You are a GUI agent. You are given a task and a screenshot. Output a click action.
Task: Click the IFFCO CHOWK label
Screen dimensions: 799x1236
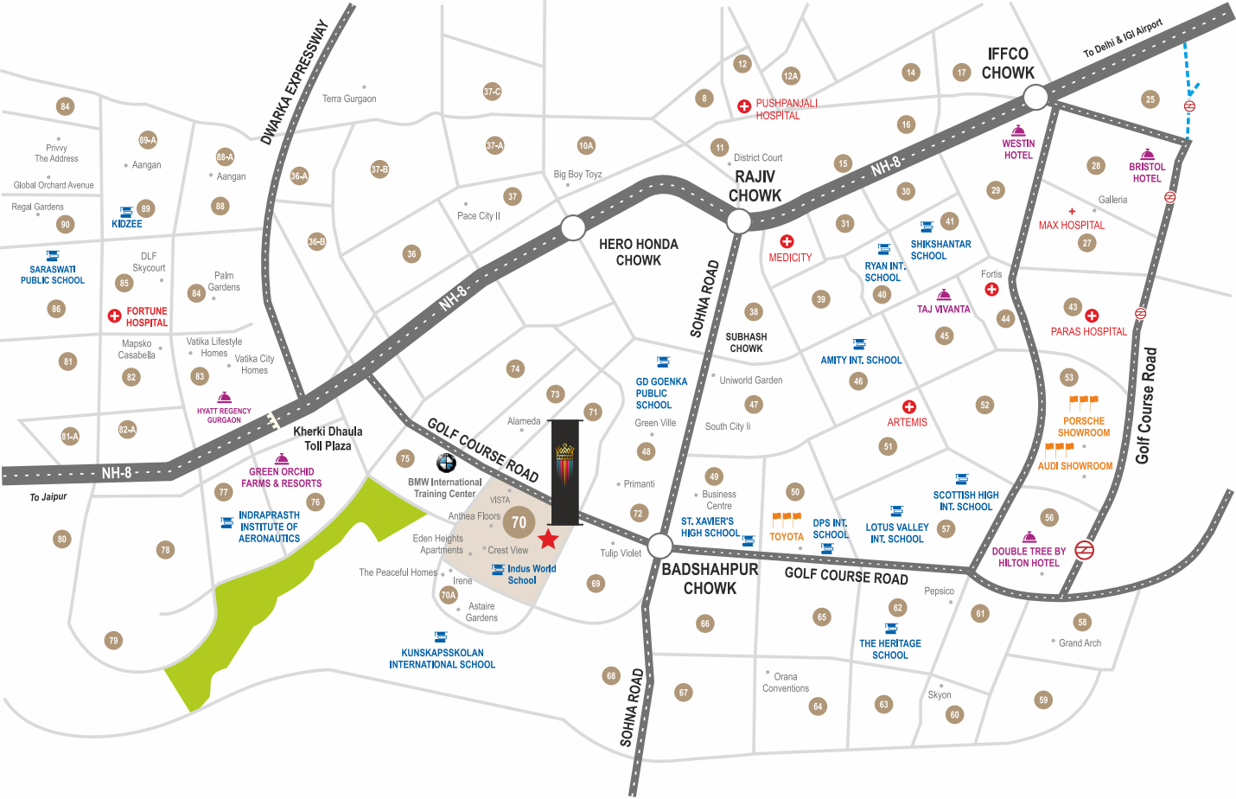click(1008, 63)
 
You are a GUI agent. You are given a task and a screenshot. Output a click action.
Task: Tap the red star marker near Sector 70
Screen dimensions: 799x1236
click(548, 540)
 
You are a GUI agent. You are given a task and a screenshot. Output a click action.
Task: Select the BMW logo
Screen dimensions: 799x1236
click(446, 463)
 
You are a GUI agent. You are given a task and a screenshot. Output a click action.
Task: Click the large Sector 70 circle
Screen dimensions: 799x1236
click(519, 522)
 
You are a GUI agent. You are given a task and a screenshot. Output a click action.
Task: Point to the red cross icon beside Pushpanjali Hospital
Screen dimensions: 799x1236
click(743, 106)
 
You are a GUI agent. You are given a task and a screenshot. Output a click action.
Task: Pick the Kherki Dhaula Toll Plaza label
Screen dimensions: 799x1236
click(328, 438)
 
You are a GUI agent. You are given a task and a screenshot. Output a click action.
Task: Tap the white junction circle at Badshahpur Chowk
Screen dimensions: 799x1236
click(659, 546)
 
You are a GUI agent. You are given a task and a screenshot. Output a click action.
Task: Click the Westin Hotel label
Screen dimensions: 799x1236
click(1018, 150)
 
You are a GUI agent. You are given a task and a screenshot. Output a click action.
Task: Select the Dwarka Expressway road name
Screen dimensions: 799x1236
click(295, 83)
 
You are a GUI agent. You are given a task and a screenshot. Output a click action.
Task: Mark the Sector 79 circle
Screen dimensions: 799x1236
click(113, 641)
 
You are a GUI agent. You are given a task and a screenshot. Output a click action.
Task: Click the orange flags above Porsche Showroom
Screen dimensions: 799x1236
click(1083, 401)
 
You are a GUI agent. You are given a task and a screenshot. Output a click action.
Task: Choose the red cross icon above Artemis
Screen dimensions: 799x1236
click(908, 406)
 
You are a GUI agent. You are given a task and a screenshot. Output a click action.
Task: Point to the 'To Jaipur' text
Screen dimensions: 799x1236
click(48, 497)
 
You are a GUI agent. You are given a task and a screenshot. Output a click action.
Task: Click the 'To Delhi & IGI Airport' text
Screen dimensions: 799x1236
click(1123, 38)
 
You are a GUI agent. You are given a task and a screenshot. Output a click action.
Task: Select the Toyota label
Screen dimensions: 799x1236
click(787, 536)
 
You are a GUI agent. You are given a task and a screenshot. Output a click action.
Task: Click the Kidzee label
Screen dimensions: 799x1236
click(126, 224)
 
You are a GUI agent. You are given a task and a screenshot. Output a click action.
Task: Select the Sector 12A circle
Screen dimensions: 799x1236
click(790, 76)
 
